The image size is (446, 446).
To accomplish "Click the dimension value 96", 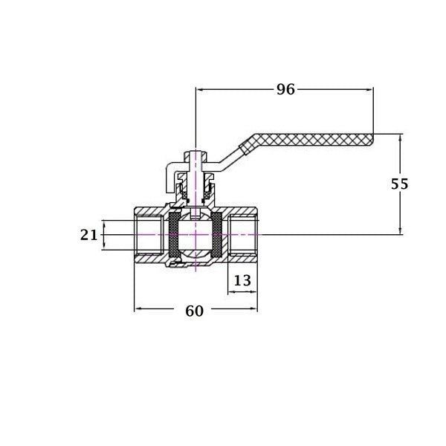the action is pos(285,89).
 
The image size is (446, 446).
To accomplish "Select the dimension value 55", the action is pos(400,184).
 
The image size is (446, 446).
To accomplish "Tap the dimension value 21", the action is pos(88,235).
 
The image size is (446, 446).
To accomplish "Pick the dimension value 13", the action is pos(242,280).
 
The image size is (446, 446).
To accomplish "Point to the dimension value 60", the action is pos(195,311).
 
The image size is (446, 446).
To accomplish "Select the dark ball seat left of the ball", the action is pos(174,235).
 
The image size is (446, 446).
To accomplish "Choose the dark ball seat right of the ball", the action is pos(217,235).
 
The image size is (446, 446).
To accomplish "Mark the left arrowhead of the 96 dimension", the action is pos(200,90).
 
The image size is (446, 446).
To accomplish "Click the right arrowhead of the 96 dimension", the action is pos(369,90).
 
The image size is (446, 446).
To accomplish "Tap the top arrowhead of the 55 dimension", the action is pos(400,138).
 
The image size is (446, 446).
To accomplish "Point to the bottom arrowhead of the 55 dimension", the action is pos(400,230).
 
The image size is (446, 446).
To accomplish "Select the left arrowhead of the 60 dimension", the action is pos(138,308).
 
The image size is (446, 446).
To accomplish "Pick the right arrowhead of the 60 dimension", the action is pos(253,308).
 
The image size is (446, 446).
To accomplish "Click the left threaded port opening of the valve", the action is pos(150,235).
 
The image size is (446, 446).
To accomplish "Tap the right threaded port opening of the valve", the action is pos(242,235).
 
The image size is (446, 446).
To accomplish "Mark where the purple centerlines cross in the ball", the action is pos(195,235).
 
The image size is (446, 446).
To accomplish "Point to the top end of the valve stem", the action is pos(195,151).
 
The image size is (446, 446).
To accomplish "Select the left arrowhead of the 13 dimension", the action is pos(232,291).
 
